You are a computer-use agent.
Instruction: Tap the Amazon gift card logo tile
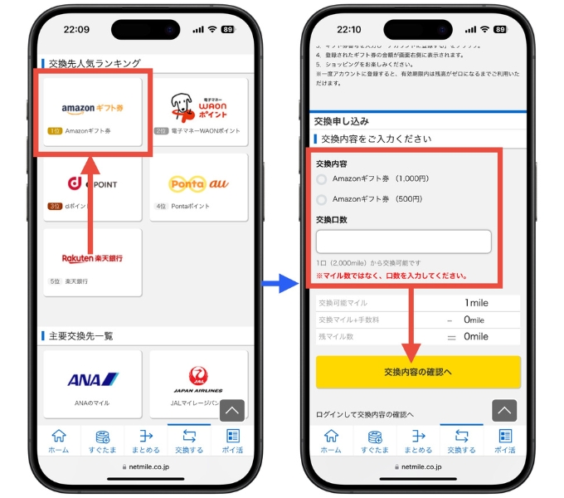[x=92, y=109]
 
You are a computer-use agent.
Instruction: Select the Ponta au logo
[x=198, y=184]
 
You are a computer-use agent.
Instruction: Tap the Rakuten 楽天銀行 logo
[x=92, y=258]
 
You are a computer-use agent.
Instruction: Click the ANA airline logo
[x=92, y=379]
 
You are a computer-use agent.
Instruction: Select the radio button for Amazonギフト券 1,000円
[x=322, y=178]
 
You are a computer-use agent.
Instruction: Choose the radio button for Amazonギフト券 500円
[x=322, y=200]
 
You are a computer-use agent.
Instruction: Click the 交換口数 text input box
[x=403, y=242]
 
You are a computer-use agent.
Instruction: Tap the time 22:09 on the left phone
[x=76, y=29]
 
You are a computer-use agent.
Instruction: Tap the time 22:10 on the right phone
[x=350, y=29]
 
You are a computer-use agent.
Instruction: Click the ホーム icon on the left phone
[x=58, y=440]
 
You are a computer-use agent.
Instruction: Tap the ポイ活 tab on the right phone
[x=505, y=440]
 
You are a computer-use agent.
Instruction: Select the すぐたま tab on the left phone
[x=103, y=440]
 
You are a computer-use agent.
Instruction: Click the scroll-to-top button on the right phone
[x=504, y=410]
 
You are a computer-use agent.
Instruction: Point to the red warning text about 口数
[x=390, y=276]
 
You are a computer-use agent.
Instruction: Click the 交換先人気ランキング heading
[x=94, y=63]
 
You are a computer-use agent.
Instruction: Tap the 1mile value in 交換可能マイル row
[x=476, y=303]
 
